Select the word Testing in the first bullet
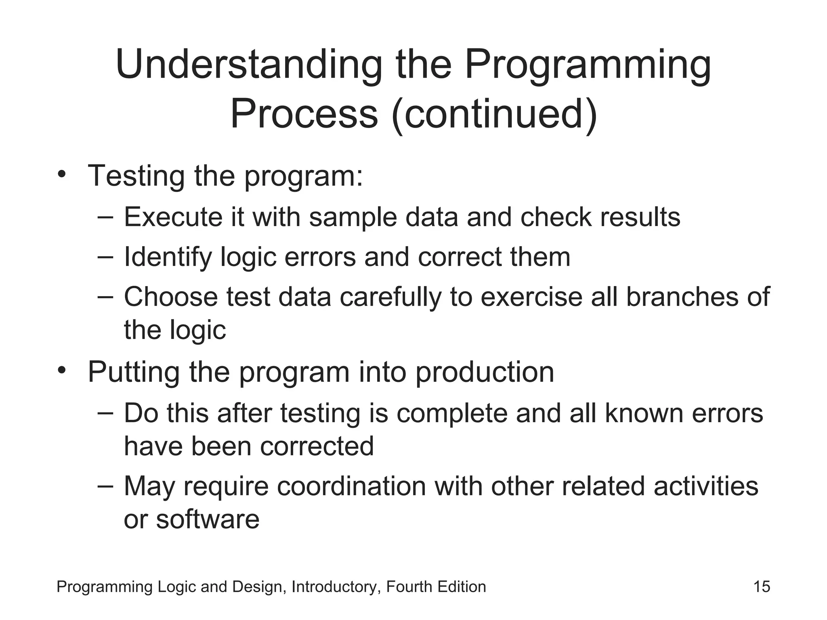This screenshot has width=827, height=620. [136, 176]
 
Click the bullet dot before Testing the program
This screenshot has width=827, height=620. [61, 175]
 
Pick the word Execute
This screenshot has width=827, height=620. [173, 217]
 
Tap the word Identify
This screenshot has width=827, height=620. [168, 258]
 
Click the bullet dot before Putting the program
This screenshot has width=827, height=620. [61, 370]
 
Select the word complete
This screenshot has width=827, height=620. [451, 414]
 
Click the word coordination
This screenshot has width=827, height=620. [351, 486]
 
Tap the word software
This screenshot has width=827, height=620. [208, 519]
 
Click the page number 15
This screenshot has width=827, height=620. [762, 587]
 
